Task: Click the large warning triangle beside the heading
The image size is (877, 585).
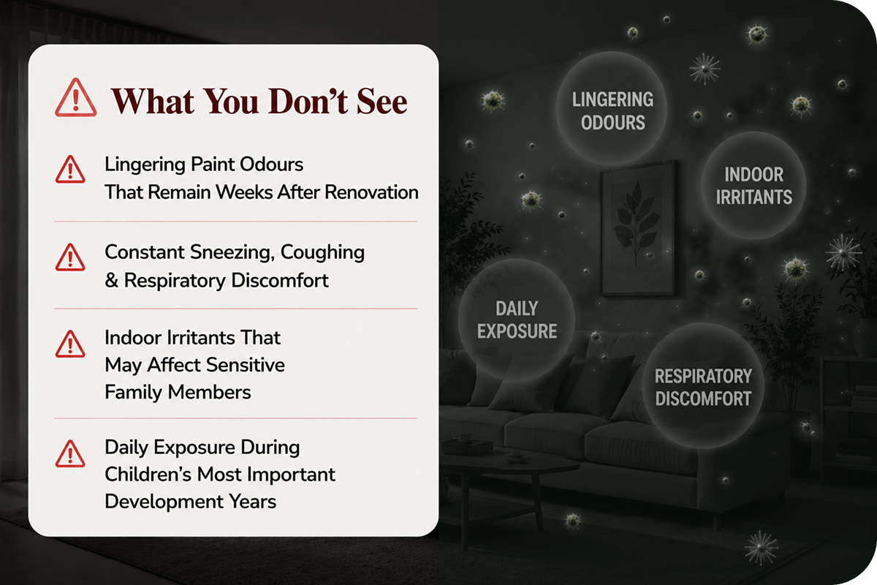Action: (75, 97)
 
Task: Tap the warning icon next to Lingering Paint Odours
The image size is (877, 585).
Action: (70, 170)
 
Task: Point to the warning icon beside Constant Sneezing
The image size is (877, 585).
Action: (70, 257)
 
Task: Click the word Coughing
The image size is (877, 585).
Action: (322, 253)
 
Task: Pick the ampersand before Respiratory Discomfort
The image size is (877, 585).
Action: (112, 281)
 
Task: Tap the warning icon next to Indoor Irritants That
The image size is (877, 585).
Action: (70, 344)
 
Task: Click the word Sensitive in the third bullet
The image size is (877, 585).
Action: (246, 365)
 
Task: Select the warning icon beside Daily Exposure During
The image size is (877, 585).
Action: (70, 453)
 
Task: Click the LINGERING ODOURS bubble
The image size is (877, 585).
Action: (612, 108)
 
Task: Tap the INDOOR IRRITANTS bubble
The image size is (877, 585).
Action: (753, 185)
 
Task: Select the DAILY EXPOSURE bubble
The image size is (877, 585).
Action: (517, 320)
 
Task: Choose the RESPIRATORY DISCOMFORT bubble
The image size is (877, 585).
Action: (703, 386)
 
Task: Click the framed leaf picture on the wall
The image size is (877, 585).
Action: (638, 228)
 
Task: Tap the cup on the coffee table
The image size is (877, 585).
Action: (465, 437)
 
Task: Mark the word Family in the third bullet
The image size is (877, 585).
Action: (134, 392)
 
